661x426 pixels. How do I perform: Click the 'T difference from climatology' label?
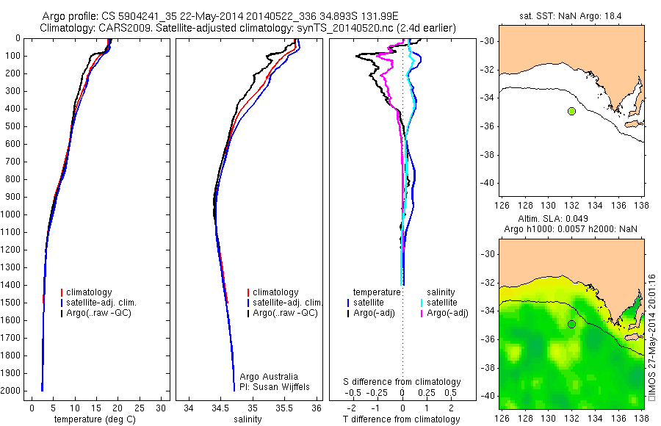401,420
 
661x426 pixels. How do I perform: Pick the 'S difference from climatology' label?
402,382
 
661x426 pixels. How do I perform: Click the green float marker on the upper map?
571,111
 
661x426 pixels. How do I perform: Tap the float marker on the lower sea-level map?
571,324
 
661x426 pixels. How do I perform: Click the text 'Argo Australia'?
270,376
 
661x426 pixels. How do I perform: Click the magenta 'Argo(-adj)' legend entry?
449,314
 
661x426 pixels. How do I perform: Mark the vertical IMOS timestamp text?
651,338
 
